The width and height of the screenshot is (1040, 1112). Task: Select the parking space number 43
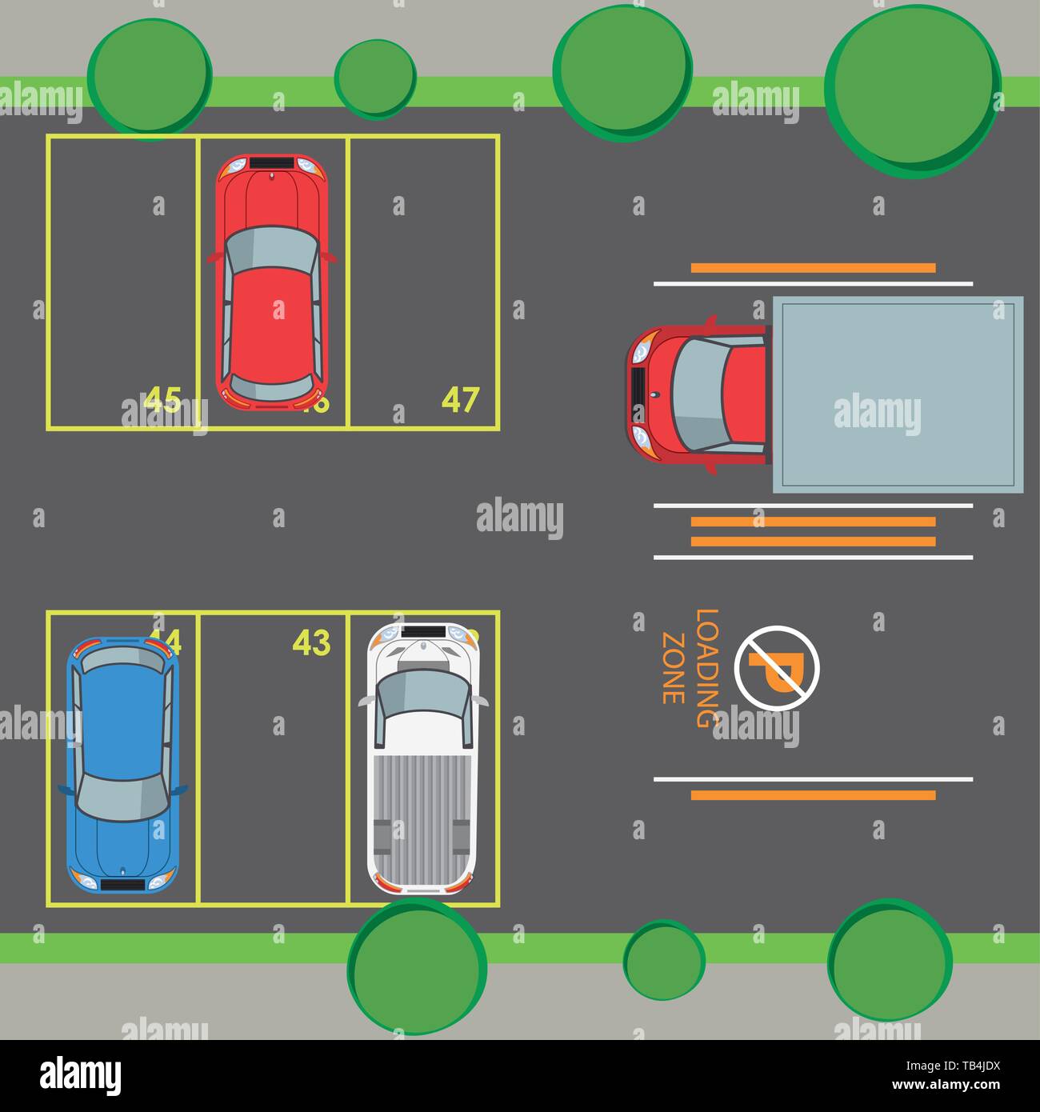pyautogui.click(x=311, y=642)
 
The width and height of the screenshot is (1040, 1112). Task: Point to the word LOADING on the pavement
pyautogui.click(x=705, y=667)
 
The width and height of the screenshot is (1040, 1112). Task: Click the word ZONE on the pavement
pyautogui.click(x=673, y=668)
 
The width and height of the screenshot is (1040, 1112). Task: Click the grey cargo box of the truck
pyautogui.click(x=897, y=394)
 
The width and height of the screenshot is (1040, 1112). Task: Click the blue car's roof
pyautogui.click(x=122, y=724)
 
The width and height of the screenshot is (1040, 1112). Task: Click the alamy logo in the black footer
pyautogui.click(x=81, y=1075)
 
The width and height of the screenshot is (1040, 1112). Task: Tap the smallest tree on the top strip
pyautogui.click(x=374, y=78)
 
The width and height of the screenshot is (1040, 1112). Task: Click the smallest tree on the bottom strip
pyautogui.click(x=663, y=961)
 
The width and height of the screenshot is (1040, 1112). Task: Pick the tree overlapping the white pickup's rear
pyautogui.click(x=417, y=964)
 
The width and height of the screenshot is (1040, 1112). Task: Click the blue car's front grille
pyautogui.click(x=122, y=884)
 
